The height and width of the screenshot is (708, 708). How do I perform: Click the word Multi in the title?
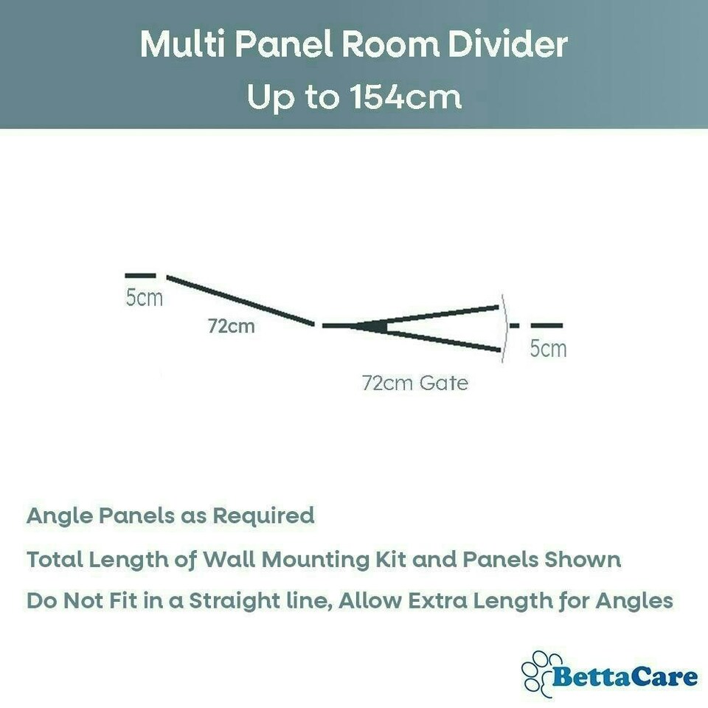(x=183, y=44)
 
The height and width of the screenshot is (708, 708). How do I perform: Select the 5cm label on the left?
(x=144, y=297)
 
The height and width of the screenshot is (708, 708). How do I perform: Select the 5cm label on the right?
(x=548, y=349)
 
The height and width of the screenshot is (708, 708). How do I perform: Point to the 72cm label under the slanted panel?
(x=231, y=326)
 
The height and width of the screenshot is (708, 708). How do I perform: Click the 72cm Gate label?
(x=415, y=383)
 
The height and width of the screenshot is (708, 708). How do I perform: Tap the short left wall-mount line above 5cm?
(x=140, y=275)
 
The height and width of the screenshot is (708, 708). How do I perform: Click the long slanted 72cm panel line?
(x=240, y=300)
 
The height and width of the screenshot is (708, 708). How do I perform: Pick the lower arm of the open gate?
(x=442, y=340)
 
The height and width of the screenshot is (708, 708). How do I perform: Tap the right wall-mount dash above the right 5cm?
(x=546, y=325)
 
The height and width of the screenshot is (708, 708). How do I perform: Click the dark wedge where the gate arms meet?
(x=370, y=326)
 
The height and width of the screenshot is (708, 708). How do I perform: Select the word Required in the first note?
(x=263, y=516)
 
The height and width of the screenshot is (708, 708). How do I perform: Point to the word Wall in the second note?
(x=229, y=560)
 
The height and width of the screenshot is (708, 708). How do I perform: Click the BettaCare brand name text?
(x=625, y=677)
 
